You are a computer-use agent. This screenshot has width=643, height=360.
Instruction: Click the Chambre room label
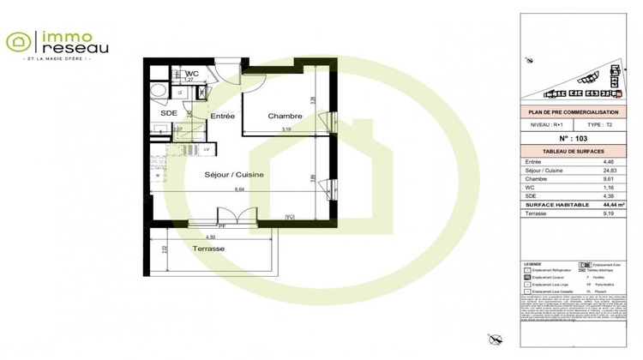[284, 116]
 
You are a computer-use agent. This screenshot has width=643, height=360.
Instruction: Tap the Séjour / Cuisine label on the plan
[233, 174]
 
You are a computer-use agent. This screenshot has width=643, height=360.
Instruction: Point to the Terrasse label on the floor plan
[208, 248]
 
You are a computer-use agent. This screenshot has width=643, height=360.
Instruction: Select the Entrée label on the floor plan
[222, 116]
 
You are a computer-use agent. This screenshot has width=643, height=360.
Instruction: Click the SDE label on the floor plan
[168, 113]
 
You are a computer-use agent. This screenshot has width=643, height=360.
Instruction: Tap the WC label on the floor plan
[193, 74]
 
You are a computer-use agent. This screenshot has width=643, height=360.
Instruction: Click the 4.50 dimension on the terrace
[210, 237]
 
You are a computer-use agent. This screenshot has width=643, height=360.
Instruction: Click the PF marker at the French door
[221, 225]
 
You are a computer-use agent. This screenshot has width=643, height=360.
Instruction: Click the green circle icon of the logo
[18, 40]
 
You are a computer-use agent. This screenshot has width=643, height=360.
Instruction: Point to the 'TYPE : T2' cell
[590, 124]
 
